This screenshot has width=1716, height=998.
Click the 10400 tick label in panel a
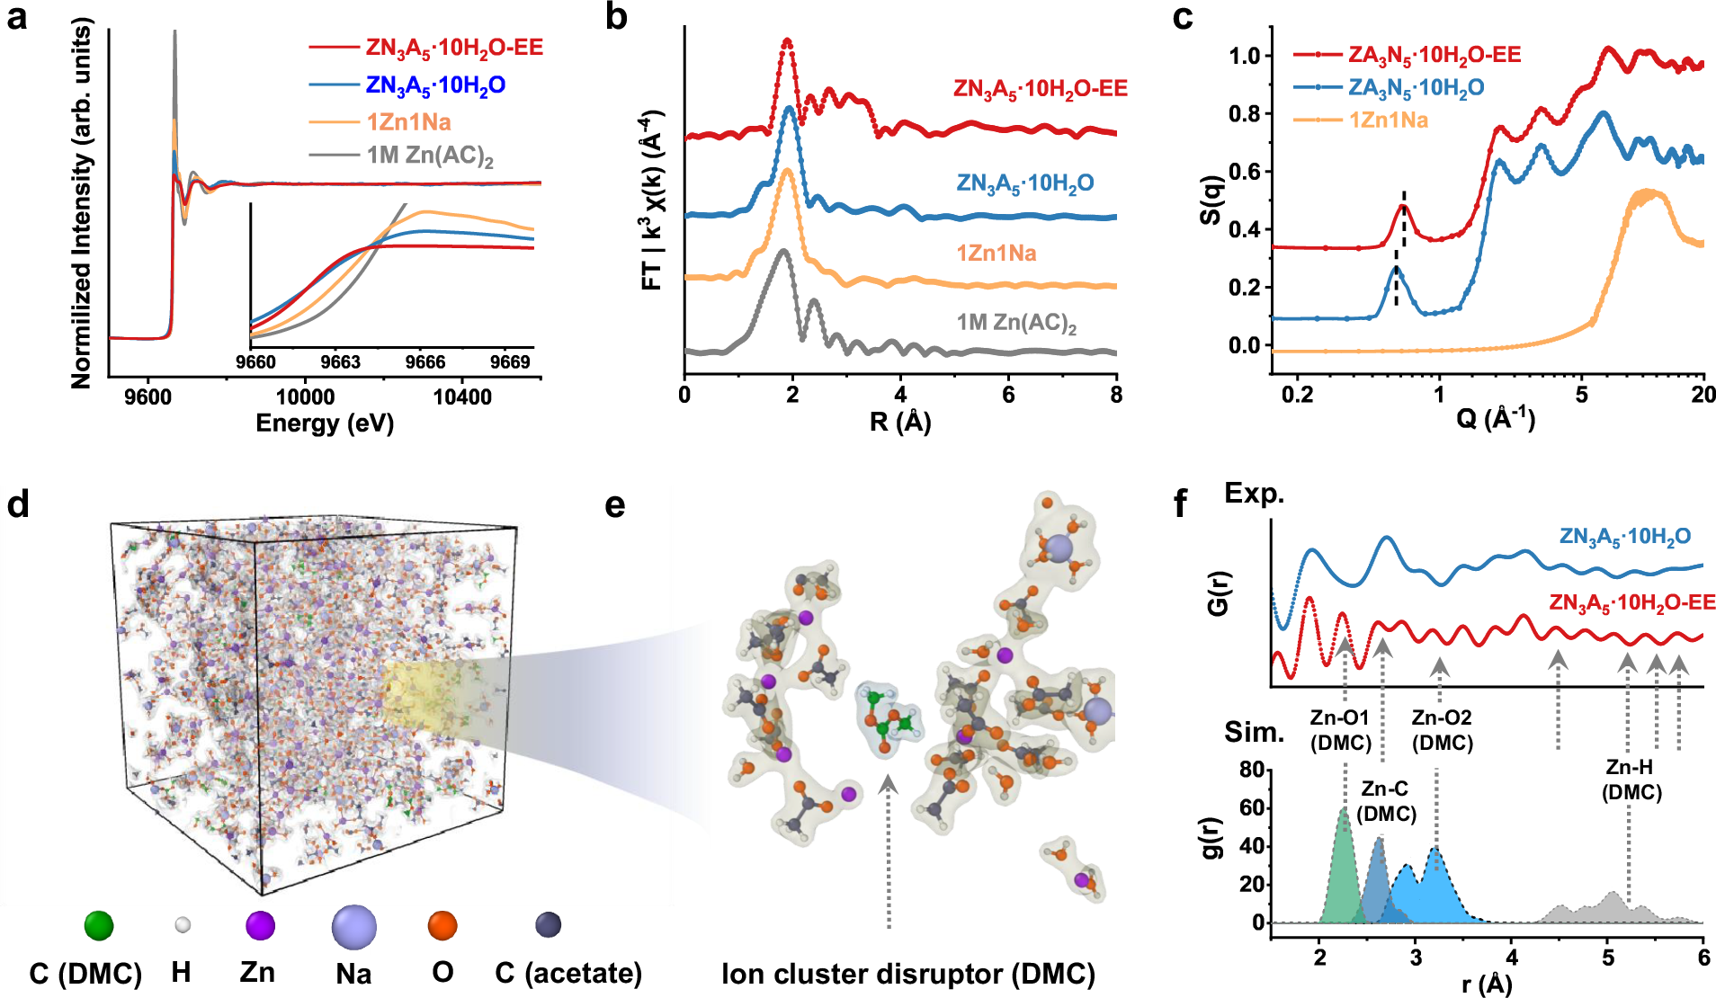coord(461,397)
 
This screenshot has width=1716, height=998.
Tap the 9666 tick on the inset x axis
coord(425,362)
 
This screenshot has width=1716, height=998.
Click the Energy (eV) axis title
coord(325,423)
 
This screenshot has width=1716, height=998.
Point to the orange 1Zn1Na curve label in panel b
coord(996,254)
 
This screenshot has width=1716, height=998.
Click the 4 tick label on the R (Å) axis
coord(900,395)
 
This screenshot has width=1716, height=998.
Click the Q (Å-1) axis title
coord(1496,418)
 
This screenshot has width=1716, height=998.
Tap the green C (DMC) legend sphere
coord(99,925)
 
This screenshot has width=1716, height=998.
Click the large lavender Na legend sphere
coord(353,926)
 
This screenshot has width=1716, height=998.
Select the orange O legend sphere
coord(442,925)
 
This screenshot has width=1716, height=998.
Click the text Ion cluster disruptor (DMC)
coord(908,975)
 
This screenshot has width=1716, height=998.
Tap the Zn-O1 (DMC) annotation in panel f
coord(1340,730)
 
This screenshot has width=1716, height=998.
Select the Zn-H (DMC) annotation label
coord(1631,780)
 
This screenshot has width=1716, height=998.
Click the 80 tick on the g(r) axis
coord(1251,770)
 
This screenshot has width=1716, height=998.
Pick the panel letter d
coord(18,505)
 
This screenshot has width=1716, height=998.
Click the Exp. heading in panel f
coord(1254,494)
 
